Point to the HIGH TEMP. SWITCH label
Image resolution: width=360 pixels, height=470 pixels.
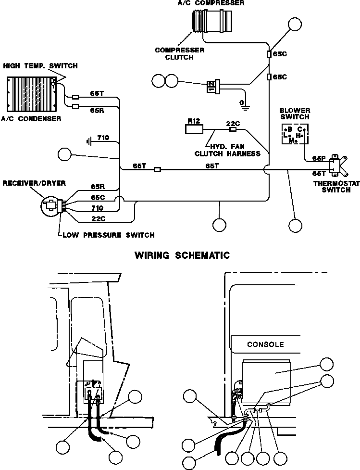(x=40, y=65)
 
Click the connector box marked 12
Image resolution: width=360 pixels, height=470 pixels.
(x=211, y=87)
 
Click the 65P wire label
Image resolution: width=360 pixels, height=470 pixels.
(x=319, y=158)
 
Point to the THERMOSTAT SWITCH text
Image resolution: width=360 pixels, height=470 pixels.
(x=332, y=186)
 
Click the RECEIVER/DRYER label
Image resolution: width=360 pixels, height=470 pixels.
(x=34, y=183)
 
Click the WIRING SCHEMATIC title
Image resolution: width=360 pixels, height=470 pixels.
(x=182, y=255)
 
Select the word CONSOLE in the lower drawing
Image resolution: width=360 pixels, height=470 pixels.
(x=265, y=344)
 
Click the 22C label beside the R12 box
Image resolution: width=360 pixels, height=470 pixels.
(x=233, y=123)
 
